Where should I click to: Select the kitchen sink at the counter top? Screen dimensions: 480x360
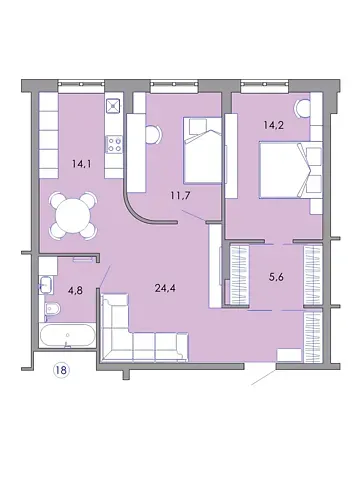113,104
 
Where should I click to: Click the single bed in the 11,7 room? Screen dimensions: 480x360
202,151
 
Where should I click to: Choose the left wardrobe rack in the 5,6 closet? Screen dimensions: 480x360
237,275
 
